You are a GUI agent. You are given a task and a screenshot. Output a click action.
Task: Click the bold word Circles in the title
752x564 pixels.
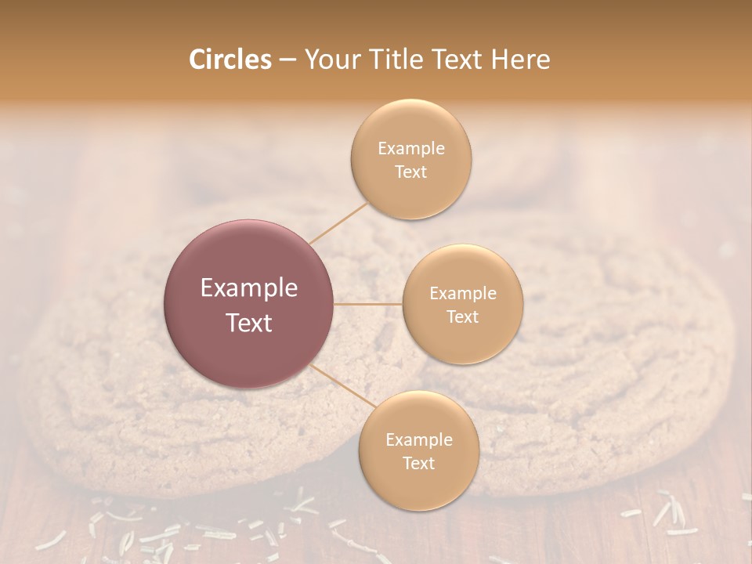click(x=230, y=60)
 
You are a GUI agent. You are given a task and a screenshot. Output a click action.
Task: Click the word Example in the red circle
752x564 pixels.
click(x=249, y=288)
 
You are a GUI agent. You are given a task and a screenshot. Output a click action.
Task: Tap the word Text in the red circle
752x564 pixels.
click(x=249, y=323)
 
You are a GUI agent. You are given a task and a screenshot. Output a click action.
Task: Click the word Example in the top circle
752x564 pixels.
click(x=410, y=149)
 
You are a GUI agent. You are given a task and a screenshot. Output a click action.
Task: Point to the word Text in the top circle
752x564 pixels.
click(x=410, y=172)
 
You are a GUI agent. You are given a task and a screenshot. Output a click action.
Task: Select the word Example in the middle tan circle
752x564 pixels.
click(x=462, y=294)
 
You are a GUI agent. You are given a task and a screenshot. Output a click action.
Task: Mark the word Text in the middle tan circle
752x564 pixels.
click(x=462, y=316)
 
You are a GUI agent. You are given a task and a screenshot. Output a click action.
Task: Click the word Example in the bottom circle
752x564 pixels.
click(x=418, y=440)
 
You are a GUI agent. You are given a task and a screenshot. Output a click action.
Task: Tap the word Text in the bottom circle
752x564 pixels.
click(x=418, y=463)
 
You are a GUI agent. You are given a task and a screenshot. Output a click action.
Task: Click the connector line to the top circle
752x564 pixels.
click(x=338, y=222)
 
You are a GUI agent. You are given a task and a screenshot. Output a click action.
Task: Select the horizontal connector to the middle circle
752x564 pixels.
click(x=368, y=304)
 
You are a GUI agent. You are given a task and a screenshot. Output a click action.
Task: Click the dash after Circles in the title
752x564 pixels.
click(x=287, y=60)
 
